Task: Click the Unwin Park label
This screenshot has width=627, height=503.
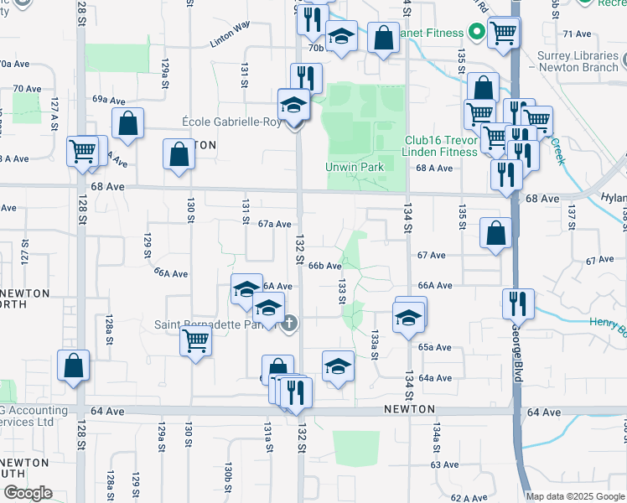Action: coord(355,167)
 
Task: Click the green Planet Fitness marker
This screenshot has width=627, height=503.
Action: coord(477,33)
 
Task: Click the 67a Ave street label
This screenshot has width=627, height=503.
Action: coord(274,224)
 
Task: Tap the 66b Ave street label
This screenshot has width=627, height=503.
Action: coord(324,266)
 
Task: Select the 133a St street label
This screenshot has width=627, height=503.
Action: coord(375,344)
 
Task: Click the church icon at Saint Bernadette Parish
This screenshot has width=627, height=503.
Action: coord(289,323)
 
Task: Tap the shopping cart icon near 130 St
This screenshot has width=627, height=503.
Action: coord(195,340)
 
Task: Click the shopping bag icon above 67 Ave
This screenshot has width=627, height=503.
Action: coord(496,232)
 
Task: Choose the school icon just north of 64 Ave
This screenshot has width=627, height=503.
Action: coord(338,366)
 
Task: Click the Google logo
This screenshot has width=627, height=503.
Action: coord(27,494)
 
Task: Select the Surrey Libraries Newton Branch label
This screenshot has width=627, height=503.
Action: coord(578,61)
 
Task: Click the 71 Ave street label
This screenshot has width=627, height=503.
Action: coord(578,34)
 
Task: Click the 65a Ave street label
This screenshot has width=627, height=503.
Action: coord(436,347)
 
